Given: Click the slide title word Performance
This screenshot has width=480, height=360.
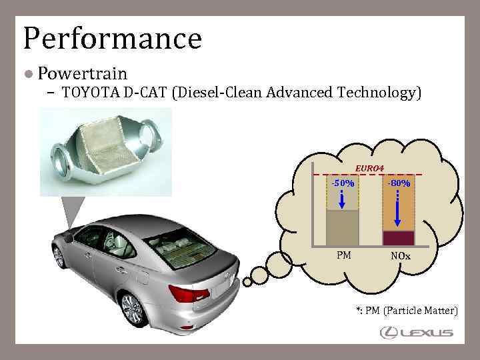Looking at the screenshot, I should (112, 39).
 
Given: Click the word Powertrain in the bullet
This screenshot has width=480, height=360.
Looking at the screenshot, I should (82, 72).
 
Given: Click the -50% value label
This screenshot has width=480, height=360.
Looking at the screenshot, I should (343, 183).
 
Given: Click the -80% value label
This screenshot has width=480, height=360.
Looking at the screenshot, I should (399, 183).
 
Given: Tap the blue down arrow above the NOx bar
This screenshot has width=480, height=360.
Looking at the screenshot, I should (398, 209).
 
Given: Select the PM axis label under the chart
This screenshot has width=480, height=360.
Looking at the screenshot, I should (344, 255).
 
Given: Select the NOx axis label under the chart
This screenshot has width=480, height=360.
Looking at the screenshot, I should (401, 255).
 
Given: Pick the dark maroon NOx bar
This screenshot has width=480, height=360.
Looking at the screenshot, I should (399, 238).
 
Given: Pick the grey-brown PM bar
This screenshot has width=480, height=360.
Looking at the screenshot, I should (343, 228).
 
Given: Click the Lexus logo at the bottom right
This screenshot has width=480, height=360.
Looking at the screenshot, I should (416, 333).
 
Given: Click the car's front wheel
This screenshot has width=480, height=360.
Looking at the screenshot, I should (132, 308).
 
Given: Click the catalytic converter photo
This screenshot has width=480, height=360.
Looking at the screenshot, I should (106, 151).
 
